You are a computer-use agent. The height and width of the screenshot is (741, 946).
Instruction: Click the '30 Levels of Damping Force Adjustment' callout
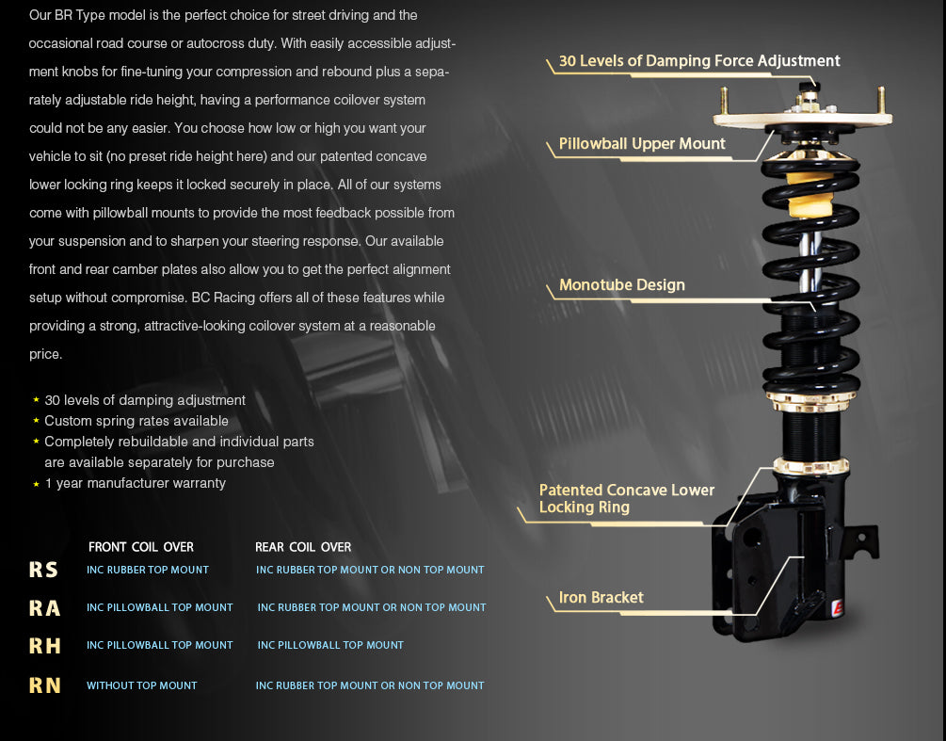(698, 61)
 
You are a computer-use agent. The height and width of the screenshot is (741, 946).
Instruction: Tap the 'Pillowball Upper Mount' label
(642, 144)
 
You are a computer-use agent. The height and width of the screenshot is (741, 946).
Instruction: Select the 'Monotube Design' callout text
(621, 285)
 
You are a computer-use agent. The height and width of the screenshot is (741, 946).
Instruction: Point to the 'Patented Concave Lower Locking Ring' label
(626, 498)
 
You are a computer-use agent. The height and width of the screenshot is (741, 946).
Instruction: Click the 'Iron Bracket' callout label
(601, 598)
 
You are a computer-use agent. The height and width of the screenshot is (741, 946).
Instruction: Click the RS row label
(43, 570)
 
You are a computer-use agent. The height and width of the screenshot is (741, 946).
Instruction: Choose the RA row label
(44, 608)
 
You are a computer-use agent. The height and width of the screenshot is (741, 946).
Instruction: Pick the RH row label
(44, 646)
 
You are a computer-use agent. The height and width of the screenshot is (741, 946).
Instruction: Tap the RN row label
(44, 685)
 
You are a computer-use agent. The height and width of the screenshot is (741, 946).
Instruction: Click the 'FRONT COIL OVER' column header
(140, 547)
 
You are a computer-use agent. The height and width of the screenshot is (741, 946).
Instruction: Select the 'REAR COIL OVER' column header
(303, 547)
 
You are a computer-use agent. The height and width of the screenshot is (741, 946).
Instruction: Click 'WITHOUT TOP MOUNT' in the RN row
(142, 685)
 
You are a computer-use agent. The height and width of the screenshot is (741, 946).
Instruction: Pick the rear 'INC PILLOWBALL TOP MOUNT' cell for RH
(330, 645)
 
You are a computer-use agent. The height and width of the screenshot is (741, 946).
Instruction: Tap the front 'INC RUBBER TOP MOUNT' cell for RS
(148, 570)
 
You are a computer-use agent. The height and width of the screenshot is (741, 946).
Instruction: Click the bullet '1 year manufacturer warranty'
(135, 483)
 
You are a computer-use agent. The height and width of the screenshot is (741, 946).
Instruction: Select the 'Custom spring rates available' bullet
(136, 421)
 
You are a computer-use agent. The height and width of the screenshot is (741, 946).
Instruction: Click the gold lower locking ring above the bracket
(810, 466)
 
